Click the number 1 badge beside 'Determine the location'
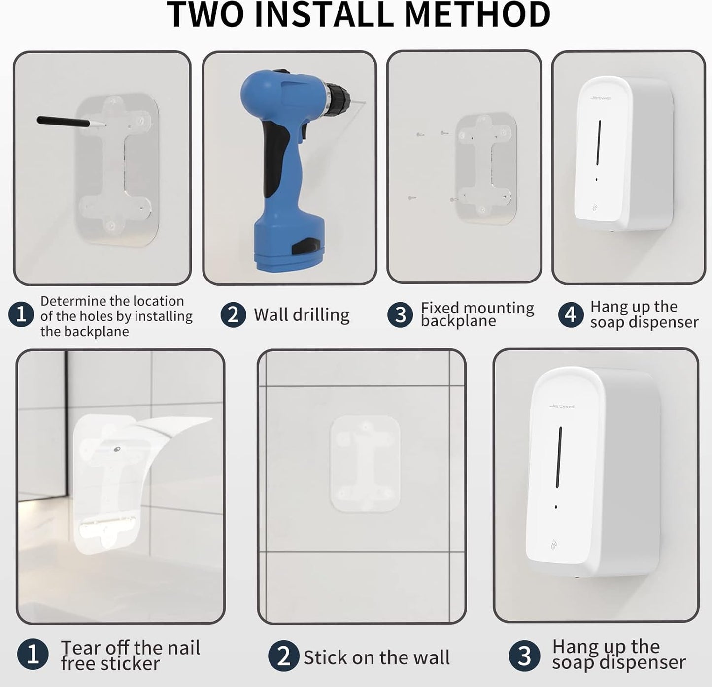pos(21,314)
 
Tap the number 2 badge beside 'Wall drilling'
pos(233,314)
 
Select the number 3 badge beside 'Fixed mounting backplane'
pos(400,314)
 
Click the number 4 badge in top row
pos(571,314)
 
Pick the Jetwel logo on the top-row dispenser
pos(600,98)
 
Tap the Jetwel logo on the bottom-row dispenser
pos(562,406)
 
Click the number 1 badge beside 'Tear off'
pos(33,655)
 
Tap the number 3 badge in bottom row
pos(524,656)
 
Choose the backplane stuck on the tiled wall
pos(364,463)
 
